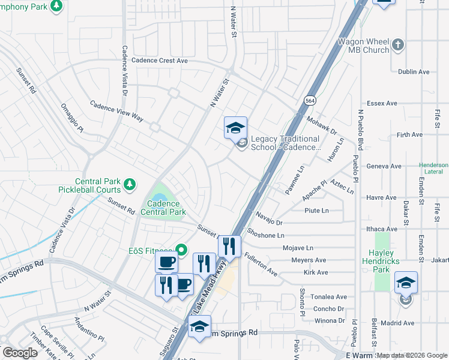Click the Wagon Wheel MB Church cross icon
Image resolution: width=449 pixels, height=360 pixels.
point(397,44)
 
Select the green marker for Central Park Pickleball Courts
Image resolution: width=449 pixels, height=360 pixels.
point(128,184)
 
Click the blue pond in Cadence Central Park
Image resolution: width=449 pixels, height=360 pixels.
point(158,197)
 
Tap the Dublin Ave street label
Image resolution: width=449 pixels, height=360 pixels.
point(414,71)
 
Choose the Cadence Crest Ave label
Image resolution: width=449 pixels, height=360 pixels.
point(160,60)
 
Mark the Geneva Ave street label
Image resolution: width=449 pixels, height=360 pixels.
point(386,166)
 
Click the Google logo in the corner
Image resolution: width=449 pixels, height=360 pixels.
point(20,353)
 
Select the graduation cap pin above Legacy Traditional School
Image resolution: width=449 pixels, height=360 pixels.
point(235,128)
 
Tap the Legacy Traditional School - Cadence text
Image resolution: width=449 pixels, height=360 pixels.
point(285,143)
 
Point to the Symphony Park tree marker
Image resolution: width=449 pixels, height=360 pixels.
point(56,6)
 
